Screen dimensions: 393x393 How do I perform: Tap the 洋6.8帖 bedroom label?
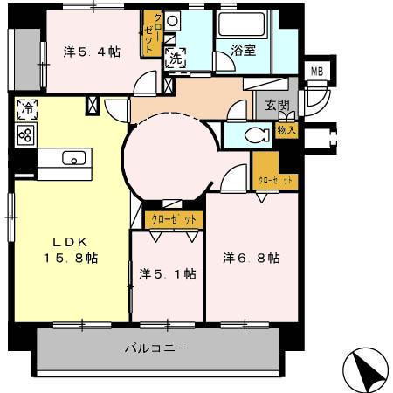tap(251, 258)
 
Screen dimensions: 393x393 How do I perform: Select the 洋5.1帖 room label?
tap(167, 273)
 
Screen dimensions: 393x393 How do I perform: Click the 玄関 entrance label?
tap(265, 104)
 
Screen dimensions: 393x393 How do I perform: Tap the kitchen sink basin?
tap(73, 158)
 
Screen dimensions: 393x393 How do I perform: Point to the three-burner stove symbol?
tap(25, 134)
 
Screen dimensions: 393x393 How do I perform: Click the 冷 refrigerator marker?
tap(25, 109)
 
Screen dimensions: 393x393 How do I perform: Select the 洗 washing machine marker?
tap(175, 59)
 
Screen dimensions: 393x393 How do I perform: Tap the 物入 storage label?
tap(286, 130)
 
